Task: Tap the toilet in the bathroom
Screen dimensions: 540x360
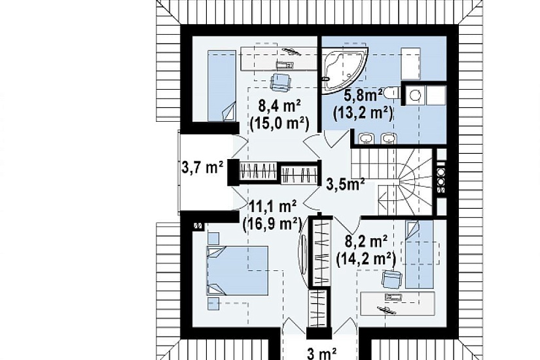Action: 391,93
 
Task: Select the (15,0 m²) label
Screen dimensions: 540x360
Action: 279,122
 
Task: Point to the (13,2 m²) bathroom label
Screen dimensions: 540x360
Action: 363,113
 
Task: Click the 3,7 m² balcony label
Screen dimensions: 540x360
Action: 202,168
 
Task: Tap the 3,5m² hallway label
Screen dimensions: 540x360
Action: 346,185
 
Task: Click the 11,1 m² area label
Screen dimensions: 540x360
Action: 273,207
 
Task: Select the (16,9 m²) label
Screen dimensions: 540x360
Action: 272,225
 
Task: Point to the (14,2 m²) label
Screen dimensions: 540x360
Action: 366,258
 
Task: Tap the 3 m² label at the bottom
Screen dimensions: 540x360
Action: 321,353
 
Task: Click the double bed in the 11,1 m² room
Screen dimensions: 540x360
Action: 238,270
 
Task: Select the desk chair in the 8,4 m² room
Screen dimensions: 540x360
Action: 281,82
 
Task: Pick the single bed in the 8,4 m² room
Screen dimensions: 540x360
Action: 222,86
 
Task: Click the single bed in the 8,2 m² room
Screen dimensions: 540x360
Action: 419,254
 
